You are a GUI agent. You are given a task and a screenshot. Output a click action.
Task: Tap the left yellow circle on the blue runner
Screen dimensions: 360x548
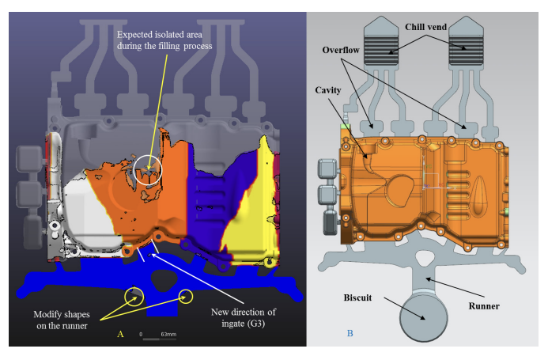pyautogui.click(x=135, y=297)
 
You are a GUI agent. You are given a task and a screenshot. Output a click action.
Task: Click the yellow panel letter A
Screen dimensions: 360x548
pyautogui.click(x=120, y=335)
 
